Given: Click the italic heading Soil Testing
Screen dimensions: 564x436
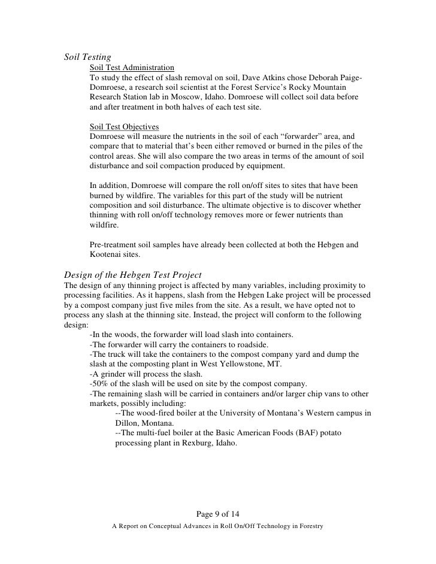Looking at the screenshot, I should (x=87, y=57).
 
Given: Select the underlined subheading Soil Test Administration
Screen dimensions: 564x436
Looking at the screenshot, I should (x=132, y=68).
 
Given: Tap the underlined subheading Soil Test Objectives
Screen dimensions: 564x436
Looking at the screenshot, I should (x=124, y=127).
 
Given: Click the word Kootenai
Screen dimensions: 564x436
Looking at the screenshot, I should (x=108, y=254).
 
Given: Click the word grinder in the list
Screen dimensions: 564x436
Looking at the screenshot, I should (x=114, y=366).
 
